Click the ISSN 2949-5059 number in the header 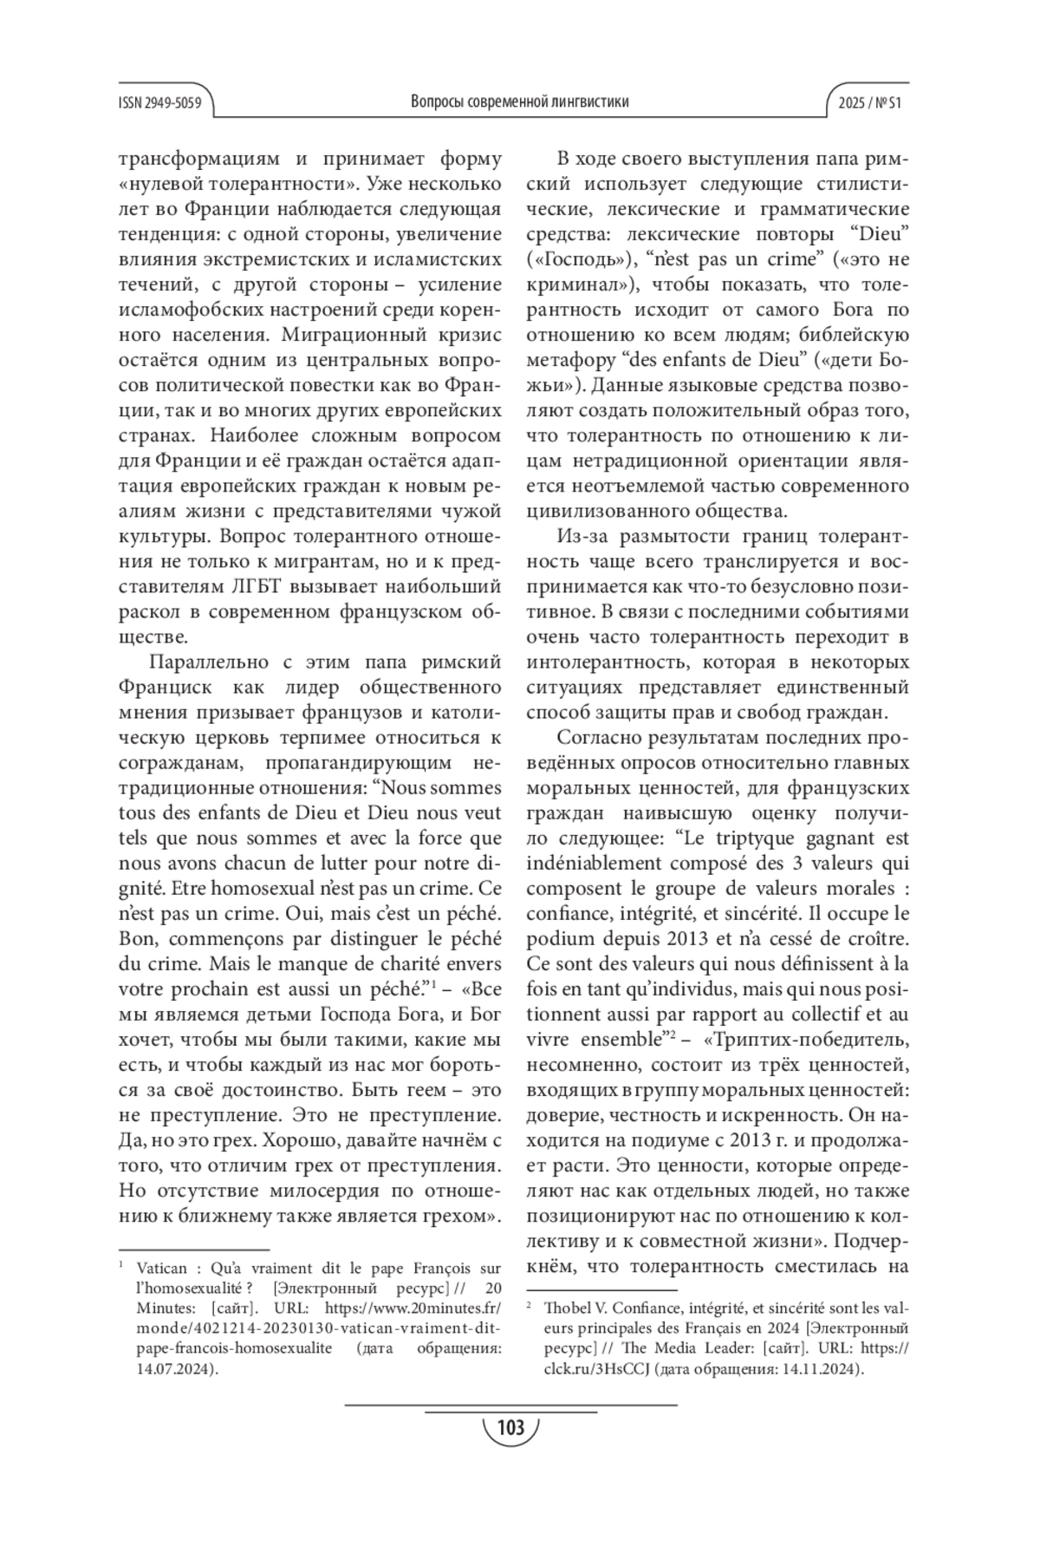tap(160, 103)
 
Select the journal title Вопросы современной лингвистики tap(519, 102)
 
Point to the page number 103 tap(512, 1426)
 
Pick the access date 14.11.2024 tap(822, 1369)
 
